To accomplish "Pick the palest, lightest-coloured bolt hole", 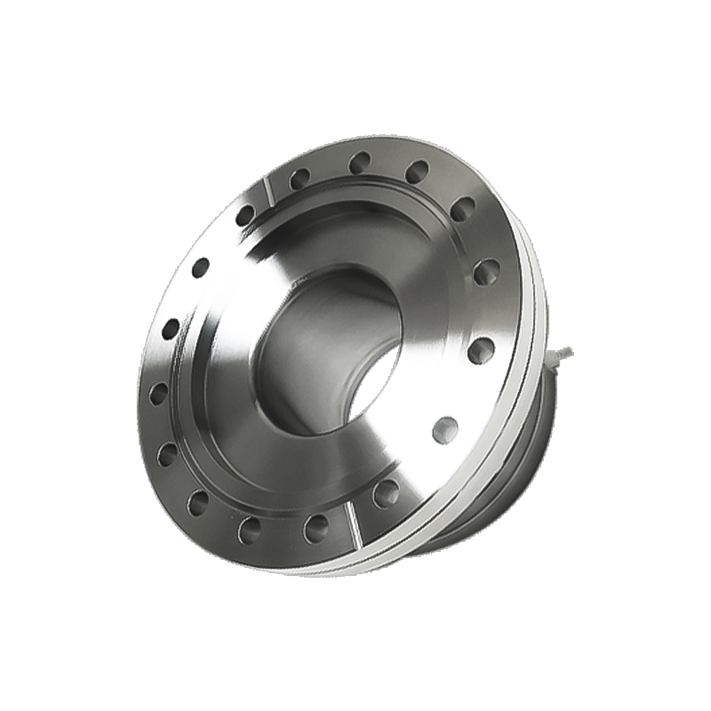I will [445, 429].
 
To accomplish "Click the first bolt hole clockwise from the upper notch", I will [300, 179].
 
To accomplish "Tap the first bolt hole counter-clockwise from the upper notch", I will [244, 214].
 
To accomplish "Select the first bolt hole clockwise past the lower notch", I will [316, 529].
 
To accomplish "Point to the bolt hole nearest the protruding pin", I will [481, 349].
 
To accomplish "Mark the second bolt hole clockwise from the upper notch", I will [360, 163].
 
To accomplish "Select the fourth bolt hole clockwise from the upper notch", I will [462, 209].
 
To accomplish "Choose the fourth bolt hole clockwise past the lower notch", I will [167, 455].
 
